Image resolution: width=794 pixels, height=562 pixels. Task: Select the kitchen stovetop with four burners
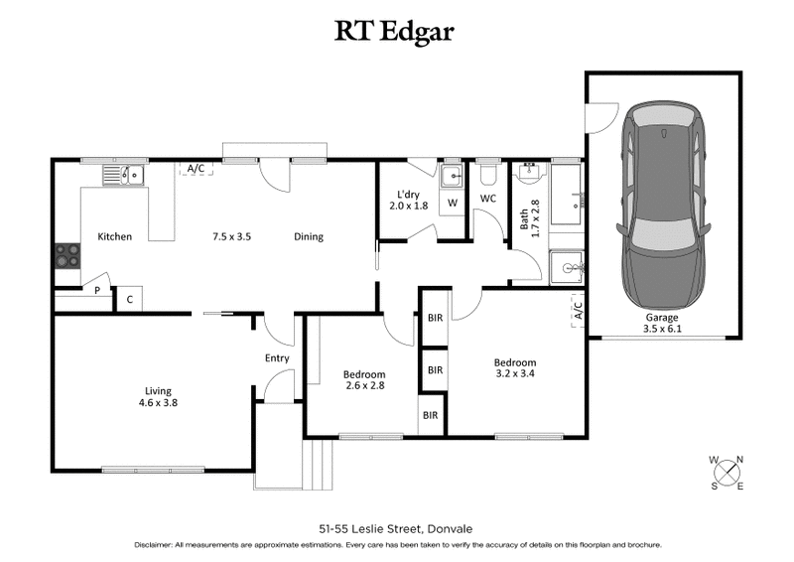[x=66, y=256]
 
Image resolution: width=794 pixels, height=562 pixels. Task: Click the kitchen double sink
[x=124, y=176]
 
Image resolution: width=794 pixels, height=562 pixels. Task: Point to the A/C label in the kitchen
[x=197, y=169]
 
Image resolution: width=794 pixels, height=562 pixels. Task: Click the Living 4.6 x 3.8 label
[x=159, y=397]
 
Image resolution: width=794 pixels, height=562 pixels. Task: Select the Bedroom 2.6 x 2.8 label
[x=363, y=379]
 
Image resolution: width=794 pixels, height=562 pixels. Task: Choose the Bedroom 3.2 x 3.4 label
[x=515, y=368]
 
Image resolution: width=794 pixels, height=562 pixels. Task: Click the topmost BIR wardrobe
[x=435, y=318]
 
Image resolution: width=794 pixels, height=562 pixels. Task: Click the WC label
[x=488, y=199]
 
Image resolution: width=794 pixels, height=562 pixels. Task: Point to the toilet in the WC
[x=487, y=175]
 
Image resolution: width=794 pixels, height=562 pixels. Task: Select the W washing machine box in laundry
[x=453, y=203]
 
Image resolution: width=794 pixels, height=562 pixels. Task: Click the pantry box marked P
[x=97, y=291]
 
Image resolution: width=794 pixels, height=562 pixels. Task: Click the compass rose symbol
[x=727, y=473]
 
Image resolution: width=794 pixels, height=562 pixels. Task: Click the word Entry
[x=277, y=358]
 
